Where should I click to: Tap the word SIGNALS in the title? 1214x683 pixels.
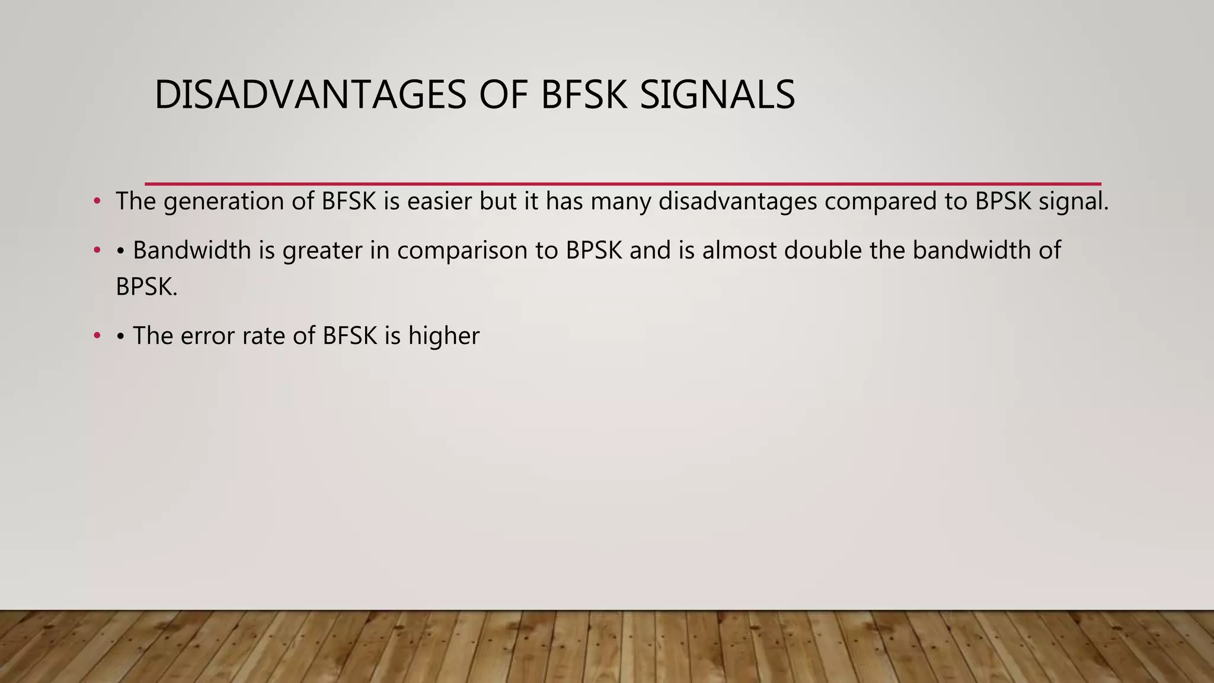(717, 95)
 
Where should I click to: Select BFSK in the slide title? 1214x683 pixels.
(584, 95)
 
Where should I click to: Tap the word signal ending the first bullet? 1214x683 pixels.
(1073, 202)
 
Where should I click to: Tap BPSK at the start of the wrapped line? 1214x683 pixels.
(145, 288)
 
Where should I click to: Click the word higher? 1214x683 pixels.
(443, 336)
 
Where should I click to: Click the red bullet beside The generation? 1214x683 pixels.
(97, 202)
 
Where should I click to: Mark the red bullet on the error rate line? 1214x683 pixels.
(97, 337)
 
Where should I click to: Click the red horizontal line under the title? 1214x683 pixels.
(622, 184)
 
